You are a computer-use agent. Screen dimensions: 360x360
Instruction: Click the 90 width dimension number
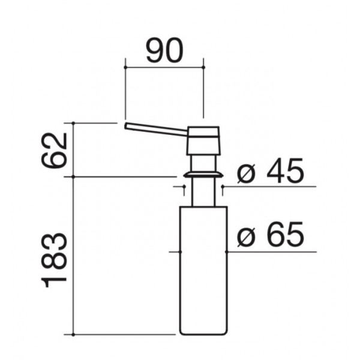pyautogui.click(x=165, y=50)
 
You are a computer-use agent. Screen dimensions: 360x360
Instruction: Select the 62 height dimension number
pyautogui.click(x=54, y=151)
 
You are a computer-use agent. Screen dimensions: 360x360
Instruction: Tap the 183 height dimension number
pyautogui.click(x=54, y=260)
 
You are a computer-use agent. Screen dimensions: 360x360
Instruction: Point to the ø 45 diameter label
pyautogui.click(x=271, y=170)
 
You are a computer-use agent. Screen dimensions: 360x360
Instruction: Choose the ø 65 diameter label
pyautogui.click(x=271, y=234)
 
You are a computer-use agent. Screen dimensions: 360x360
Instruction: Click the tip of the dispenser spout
pyautogui.click(x=125, y=126)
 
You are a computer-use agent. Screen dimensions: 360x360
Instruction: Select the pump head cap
pyautogui.click(x=203, y=140)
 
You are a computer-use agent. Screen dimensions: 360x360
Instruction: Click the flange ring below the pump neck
pyautogui.click(x=203, y=175)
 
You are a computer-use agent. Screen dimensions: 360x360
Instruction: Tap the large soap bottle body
pyautogui.click(x=203, y=271)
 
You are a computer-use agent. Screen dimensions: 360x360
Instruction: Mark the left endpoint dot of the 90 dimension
pyautogui.click(x=125, y=67)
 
